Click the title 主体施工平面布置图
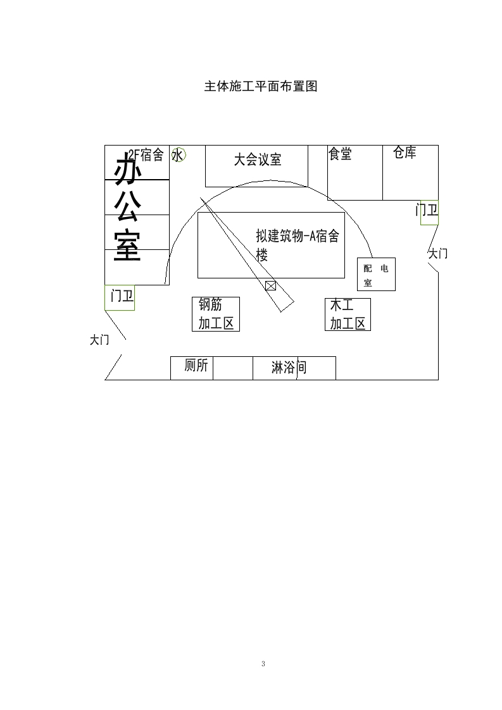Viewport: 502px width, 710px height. coord(261,86)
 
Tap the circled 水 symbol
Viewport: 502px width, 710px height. coord(178,155)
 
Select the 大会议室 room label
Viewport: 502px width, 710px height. coord(258,159)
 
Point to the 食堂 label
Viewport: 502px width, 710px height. coord(340,154)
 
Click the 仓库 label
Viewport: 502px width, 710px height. coord(405,152)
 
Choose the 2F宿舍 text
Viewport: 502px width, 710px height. coord(146,155)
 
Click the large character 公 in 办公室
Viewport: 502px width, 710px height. coord(127,206)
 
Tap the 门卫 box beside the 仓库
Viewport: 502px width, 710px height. coord(429,213)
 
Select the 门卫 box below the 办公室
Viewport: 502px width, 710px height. coord(120,297)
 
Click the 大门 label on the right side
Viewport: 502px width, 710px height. coord(438,254)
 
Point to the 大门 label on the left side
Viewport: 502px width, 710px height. coord(99,340)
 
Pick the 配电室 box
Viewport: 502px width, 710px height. coord(376,275)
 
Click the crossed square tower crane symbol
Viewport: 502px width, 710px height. coord(270,286)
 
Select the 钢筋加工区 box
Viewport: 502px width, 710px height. coord(216,315)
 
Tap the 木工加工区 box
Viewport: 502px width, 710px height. coord(348,315)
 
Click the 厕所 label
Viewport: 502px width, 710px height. coord(196,365)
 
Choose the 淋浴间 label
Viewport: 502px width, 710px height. coord(289,367)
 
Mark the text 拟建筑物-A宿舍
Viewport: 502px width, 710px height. coord(298,236)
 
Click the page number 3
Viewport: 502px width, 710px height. coord(263,664)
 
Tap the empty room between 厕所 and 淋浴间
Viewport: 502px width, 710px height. coord(233,368)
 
